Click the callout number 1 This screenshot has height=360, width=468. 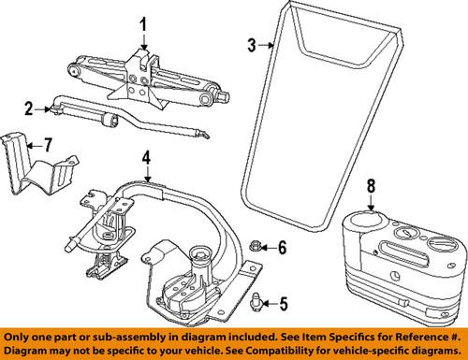click(x=143, y=23)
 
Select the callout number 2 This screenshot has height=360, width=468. click(x=29, y=108)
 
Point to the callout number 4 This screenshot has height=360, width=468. click(x=146, y=157)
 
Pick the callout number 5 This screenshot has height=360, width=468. click(x=285, y=303)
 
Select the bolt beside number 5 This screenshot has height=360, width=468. click(x=259, y=301)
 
